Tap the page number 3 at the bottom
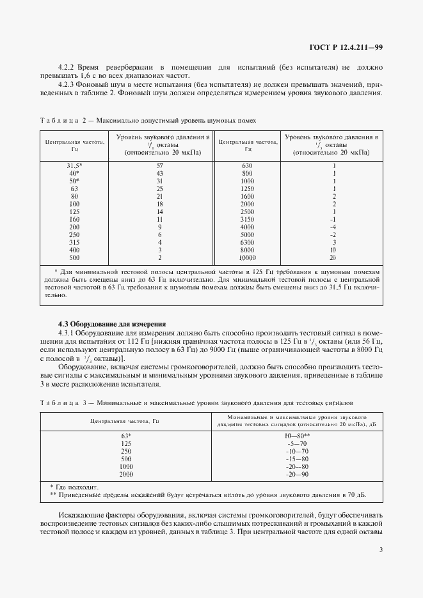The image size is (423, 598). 381,549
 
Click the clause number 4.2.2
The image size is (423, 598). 68,67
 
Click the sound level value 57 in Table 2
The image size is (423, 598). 161,165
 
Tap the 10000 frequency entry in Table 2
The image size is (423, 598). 248,258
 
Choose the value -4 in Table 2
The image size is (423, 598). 333,227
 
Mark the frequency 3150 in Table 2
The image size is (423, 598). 248,219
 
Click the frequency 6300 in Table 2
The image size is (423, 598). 248,243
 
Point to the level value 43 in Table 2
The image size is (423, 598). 161,173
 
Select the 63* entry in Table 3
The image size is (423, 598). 125,436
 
